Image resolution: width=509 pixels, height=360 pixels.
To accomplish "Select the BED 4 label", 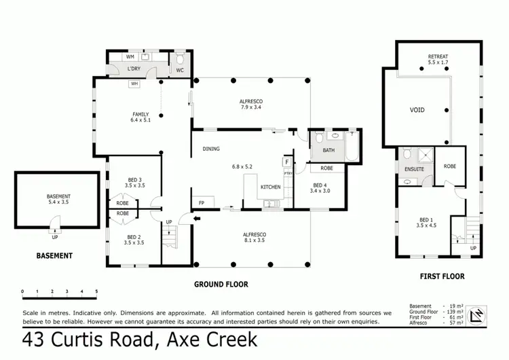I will click(320, 185).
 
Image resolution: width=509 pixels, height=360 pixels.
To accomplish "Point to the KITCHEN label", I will click(271, 187).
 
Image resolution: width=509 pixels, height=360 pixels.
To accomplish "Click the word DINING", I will click(211, 149).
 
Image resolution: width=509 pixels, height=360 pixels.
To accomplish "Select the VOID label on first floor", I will click(417, 109).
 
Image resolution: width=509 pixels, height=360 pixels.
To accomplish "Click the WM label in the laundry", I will click(130, 58).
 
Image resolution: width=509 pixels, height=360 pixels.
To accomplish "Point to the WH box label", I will click(134, 84).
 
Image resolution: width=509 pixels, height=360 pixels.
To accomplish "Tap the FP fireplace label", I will click(202, 202).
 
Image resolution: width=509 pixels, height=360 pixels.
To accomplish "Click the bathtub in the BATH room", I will click(352, 147).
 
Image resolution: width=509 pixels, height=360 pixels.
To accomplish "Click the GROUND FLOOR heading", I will click(221, 284).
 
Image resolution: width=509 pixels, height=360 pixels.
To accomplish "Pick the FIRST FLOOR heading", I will click(441, 276).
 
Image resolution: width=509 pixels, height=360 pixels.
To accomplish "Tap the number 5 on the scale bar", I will click(96, 291).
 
